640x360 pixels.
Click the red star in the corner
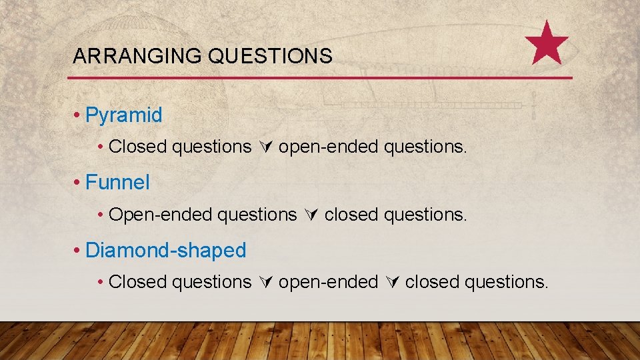coord(547,43)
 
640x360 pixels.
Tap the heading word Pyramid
coord(124,115)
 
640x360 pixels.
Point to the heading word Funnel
coord(118,182)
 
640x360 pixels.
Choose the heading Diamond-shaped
coord(166,251)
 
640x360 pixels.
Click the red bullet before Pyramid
coord(77,116)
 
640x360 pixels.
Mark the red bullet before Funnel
coord(77,183)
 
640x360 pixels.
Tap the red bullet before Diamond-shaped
coord(77,251)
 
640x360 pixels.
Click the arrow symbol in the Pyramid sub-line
coord(265,147)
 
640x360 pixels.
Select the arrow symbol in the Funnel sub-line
coord(311,215)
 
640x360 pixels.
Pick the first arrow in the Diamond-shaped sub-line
coord(265,283)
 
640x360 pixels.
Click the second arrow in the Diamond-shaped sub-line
coord(391,283)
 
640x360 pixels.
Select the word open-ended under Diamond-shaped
coord(328,282)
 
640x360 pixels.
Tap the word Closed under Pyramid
coord(137,147)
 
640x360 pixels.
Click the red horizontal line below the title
coord(320,78)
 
